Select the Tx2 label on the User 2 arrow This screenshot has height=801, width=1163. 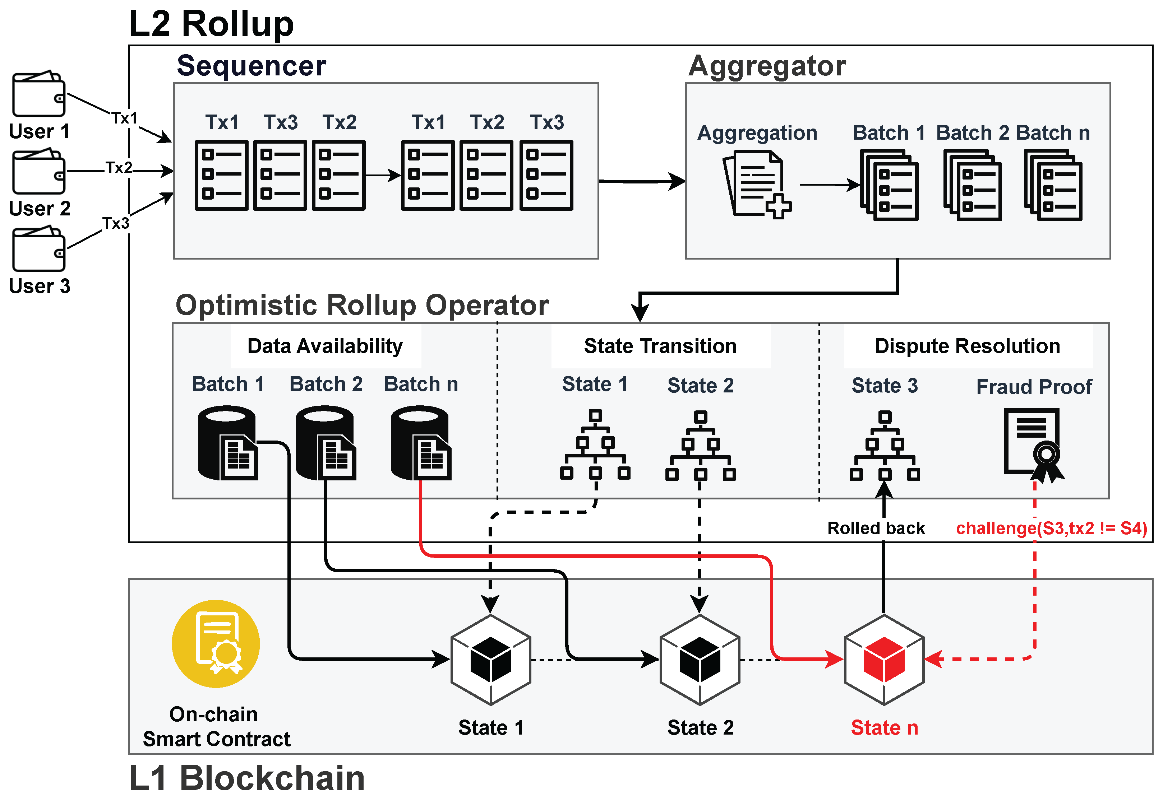[119, 168]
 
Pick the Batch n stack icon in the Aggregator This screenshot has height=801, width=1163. [1053, 186]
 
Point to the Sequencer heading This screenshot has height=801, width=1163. [251, 66]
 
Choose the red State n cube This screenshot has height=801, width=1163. [884, 660]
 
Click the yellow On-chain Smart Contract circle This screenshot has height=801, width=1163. [216, 644]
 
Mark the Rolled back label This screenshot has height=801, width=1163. [876, 528]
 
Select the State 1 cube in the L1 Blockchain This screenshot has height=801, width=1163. [491, 660]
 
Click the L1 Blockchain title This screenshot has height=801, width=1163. [247, 778]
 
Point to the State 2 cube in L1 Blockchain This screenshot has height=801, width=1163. [700, 660]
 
